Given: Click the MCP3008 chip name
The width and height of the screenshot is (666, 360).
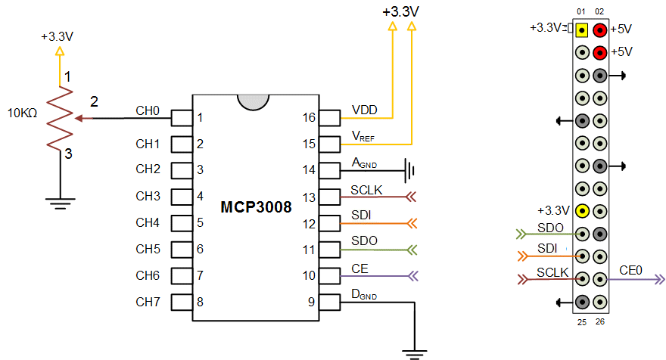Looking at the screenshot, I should pos(256,207).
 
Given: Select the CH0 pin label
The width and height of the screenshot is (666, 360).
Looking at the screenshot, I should pos(147,110).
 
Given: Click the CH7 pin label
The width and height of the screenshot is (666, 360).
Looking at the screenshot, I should pos(147,303).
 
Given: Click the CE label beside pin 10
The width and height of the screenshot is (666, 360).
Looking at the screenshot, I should pos(360,268).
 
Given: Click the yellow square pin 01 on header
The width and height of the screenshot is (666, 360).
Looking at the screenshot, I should pos(582,30).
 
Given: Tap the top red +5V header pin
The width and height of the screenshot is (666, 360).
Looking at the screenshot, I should pos(599,30).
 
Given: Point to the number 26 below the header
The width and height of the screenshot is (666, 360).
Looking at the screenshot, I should pos(599,323).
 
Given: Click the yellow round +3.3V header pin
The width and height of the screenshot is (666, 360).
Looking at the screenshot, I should pos(582,211).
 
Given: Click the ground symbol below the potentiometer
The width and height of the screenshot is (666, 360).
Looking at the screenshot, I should pos(58,201).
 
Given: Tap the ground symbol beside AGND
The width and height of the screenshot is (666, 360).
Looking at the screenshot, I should pos(411,169).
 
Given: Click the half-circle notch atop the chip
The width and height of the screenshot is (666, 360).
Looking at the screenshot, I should pos(253,101).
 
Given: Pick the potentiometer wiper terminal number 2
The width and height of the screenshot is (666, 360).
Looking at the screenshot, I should pos(94,102).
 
